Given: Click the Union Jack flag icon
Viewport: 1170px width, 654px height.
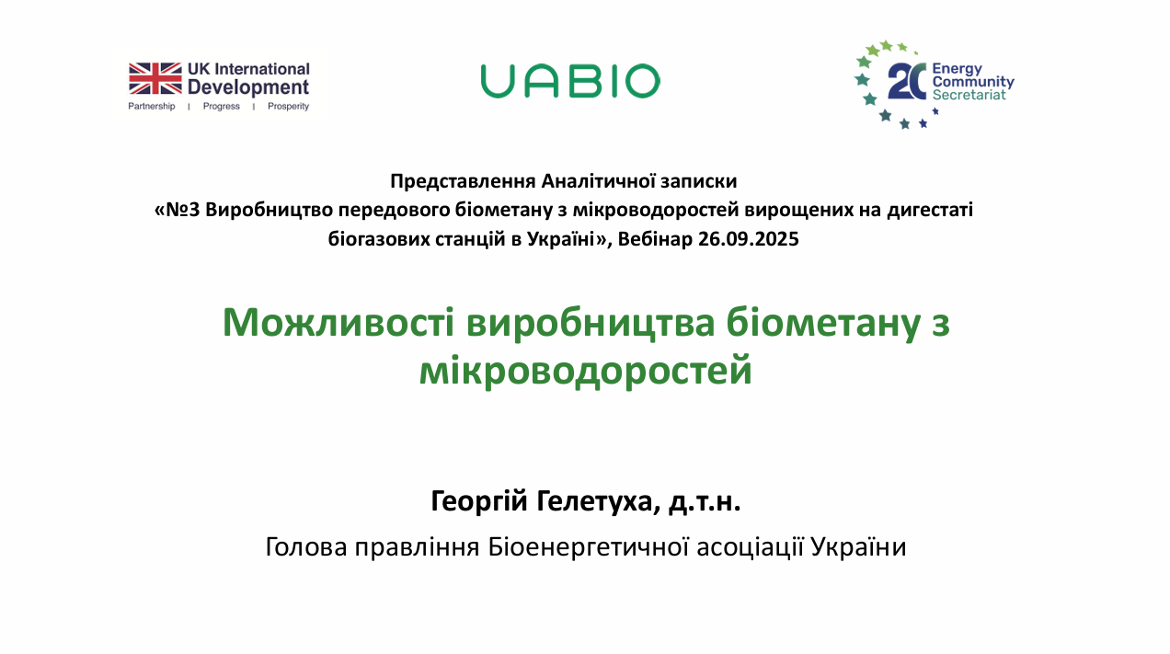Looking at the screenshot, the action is point(155,78).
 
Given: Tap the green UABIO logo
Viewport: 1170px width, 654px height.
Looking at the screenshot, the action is point(570,81).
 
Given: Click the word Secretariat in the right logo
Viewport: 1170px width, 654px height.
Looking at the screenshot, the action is point(969,95).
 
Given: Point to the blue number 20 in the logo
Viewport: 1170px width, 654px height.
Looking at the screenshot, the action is point(907,81).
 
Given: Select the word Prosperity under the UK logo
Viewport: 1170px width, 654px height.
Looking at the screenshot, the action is point(288,106).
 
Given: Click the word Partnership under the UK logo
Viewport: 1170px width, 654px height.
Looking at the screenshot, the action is point(152,106).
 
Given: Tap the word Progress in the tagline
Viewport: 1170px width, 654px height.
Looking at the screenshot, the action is point(222,106).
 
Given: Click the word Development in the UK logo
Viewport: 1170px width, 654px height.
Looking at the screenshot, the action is point(248,87).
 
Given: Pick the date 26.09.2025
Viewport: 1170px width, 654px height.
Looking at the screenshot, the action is point(749,239).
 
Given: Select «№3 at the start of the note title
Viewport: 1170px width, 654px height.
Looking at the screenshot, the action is point(178,210).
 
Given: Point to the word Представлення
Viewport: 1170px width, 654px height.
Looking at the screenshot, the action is point(463,181).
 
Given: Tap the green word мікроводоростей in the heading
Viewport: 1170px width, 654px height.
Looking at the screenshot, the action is point(586,371).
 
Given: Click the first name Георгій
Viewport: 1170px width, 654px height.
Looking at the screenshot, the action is point(479,501).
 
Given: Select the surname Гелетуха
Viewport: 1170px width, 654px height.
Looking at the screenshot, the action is point(599,501).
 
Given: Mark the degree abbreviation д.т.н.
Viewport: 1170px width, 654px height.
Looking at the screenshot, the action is point(705,502).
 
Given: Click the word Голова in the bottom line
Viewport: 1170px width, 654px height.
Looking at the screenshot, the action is point(306,547).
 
